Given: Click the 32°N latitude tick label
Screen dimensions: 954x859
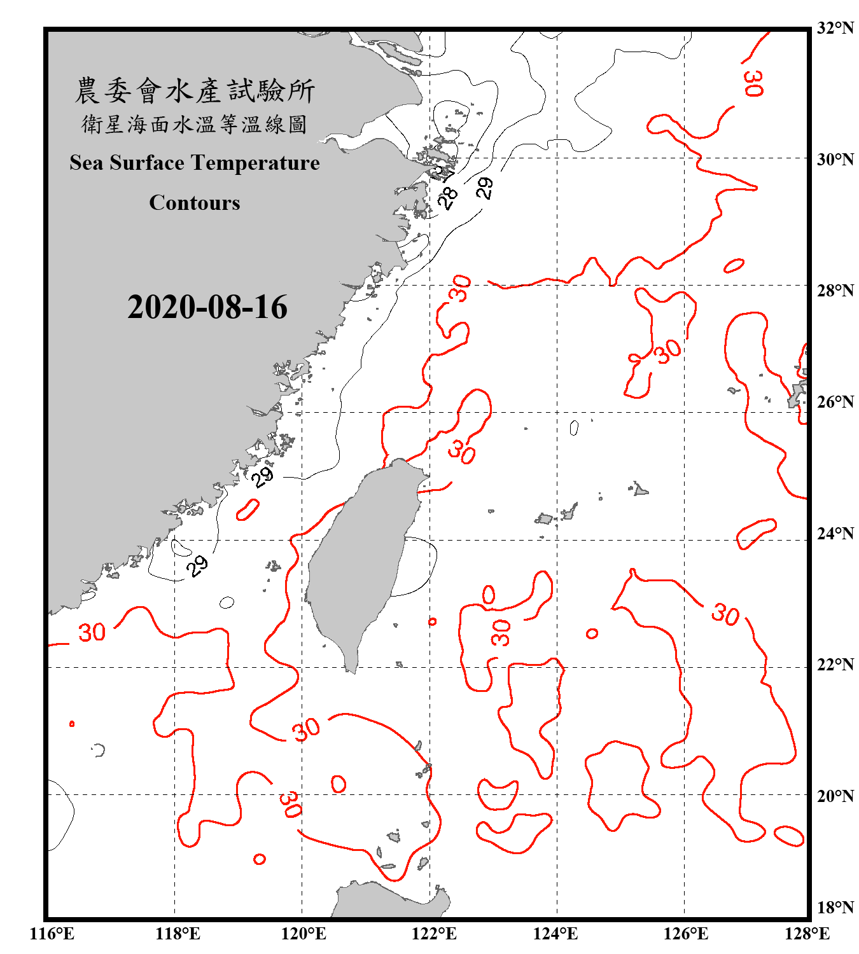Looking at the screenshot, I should [x=835, y=29].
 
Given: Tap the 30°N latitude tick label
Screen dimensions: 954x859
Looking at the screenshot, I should [x=835, y=160].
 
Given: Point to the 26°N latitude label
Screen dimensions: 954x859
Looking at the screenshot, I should [x=835, y=402].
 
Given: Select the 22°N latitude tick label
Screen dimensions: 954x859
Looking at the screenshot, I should [x=835, y=665].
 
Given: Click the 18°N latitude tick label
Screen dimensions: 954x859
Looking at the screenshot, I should [x=835, y=908].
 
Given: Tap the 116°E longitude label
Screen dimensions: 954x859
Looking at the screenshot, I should [x=52, y=934].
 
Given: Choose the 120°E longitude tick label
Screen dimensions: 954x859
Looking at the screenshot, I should [x=304, y=934].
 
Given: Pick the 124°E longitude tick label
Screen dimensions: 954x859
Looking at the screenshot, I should [x=555, y=934].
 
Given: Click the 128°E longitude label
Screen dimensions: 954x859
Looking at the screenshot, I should [x=807, y=934].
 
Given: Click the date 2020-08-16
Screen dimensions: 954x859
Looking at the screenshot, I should [x=207, y=307].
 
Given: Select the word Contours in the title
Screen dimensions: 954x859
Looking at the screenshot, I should [x=195, y=203].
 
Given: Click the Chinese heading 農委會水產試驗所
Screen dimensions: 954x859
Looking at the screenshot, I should [x=195, y=91].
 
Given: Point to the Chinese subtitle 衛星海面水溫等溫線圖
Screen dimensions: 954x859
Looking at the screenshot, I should [x=195, y=124].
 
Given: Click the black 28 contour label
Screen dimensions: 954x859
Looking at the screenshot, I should [x=448, y=198].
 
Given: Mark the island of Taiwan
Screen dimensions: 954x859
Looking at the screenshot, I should [x=360, y=566].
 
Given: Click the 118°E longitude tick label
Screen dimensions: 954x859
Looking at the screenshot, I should [x=178, y=934].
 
